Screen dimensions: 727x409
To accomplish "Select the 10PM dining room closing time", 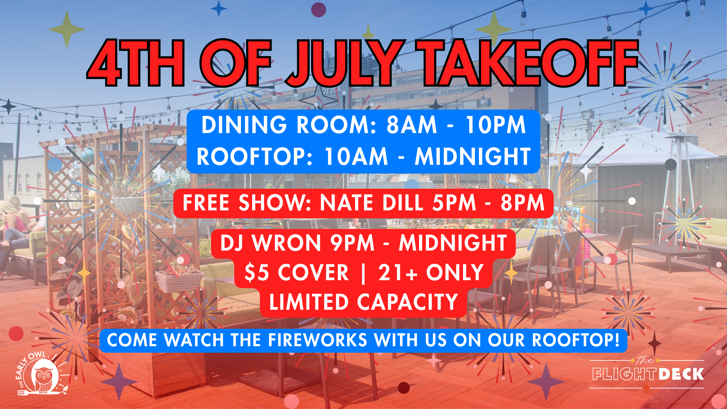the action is click(x=496, y=125).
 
